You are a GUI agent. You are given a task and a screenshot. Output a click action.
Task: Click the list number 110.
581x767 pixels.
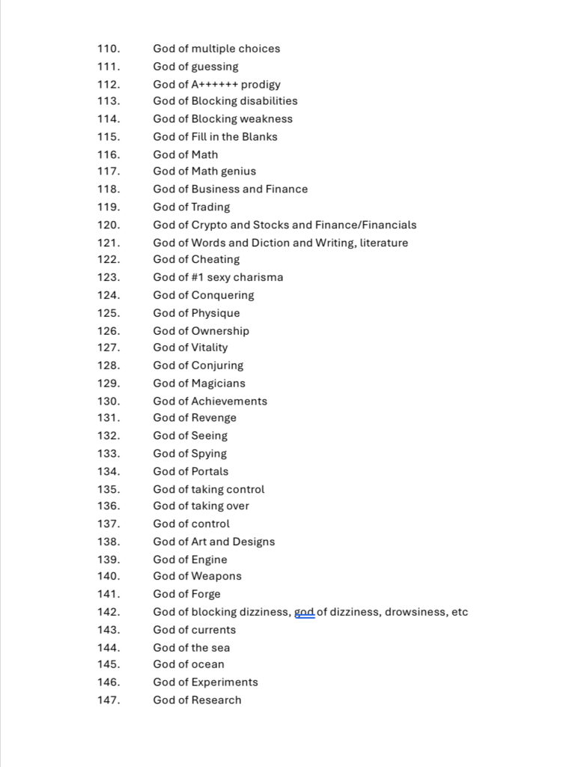click(108, 49)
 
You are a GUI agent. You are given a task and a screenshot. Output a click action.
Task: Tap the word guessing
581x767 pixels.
click(215, 67)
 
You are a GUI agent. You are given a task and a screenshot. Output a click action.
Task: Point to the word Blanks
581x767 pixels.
click(259, 137)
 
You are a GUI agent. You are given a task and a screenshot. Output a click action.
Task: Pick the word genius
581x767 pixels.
click(238, 172)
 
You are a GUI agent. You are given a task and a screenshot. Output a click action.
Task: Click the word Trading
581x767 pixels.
click(211, 207)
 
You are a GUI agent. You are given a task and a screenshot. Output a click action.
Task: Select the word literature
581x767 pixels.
click(384, 243)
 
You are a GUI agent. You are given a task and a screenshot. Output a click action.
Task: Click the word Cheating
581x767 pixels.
click(216, 260)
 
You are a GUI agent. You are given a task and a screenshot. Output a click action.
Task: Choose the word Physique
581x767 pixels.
click(216, 314)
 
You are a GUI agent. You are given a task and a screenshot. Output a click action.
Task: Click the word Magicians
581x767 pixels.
click(219, 383)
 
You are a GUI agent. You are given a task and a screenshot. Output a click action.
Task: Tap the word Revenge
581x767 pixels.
click(214, 419)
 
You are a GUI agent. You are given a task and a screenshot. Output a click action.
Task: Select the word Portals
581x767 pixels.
click(210, 472)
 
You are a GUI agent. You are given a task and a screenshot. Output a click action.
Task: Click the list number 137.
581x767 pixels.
click(108, 524)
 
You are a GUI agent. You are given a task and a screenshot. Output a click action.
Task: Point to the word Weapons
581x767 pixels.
click(216, 577)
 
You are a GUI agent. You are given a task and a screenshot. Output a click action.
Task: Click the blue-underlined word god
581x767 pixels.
click(305, 613)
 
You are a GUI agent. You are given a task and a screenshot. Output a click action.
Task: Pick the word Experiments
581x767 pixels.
click(225, 682)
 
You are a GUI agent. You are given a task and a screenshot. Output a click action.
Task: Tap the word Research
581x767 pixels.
click(216, 700)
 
